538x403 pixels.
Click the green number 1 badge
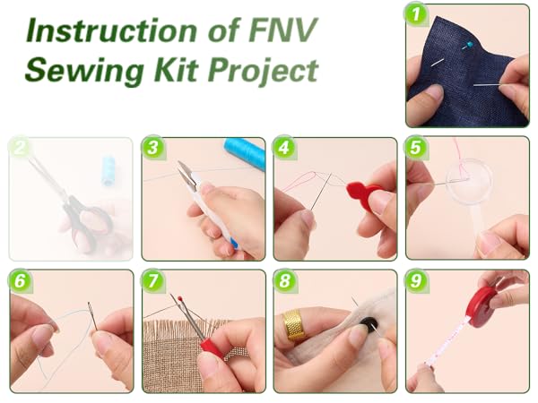415,14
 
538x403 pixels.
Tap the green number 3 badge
153,148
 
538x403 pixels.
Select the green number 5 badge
417,148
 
